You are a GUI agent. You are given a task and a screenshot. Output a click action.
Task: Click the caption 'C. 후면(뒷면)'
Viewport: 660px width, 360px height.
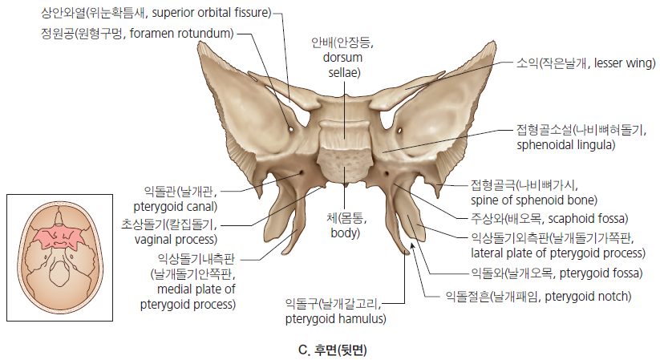333,350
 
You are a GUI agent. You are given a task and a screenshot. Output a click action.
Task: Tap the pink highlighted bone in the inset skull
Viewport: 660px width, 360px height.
59,238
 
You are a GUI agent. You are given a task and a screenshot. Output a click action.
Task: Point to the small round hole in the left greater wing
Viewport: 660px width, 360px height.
290,129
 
